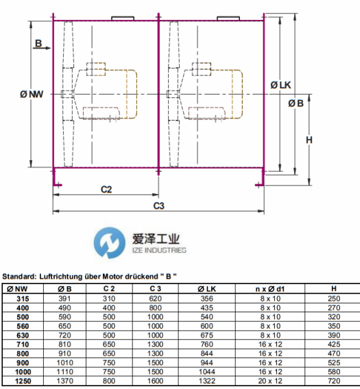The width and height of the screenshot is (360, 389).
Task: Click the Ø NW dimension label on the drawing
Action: tap(32, 95)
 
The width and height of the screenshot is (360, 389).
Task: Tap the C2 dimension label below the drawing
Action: tap(106, 190)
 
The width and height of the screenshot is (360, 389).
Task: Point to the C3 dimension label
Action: tap(158, 205)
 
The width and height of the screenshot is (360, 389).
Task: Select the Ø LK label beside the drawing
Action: tap(280, 85)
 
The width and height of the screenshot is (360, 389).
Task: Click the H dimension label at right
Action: tap(309, 140)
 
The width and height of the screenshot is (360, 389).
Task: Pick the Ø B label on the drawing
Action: tap(296, 103)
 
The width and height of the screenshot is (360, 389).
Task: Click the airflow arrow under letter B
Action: tap(42, 48)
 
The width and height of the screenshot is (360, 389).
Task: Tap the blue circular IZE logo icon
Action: tap(110, 243)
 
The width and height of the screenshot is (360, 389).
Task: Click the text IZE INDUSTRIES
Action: tap(159, 250)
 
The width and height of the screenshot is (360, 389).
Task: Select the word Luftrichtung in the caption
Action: tap(61, 277)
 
